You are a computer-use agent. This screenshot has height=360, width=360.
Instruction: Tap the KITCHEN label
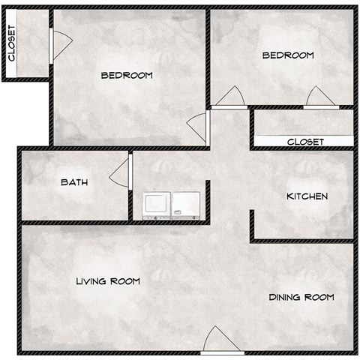(x=307, y=196)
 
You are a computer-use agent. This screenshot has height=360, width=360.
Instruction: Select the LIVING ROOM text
(x=108, y=281)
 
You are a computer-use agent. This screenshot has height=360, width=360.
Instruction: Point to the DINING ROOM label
(x=301, y=298)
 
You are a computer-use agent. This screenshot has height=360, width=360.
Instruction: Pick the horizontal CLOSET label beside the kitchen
(x=305, y=142)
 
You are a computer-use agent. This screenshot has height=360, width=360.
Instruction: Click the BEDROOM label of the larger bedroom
(x=127, y=75)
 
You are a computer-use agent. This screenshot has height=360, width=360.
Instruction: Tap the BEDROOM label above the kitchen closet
(x=287, y=55)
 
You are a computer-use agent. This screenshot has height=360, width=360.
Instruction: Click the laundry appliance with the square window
(x=157, y=204)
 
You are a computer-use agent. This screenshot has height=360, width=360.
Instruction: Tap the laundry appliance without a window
(x=186, y=204)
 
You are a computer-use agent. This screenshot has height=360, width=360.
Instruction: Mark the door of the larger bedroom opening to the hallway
(x=199, y=125)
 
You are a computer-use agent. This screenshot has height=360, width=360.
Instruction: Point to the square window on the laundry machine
(x=157, y=202)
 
